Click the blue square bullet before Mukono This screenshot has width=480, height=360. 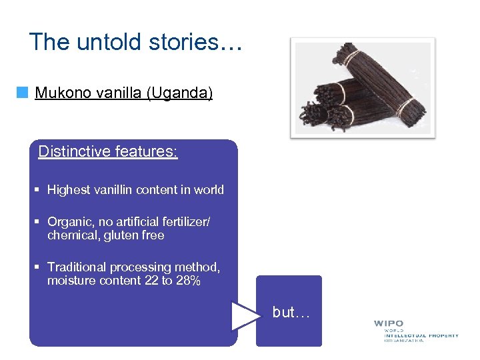coord(24,93)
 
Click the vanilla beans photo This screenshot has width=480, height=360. coord(363,87)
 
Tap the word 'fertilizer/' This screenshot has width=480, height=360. coord(185,222)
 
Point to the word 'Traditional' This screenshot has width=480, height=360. coord(77,267)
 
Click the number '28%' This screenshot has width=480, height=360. coord(188,281)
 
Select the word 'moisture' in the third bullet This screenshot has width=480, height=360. coord(70,281)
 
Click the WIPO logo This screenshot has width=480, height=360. coord(415,331)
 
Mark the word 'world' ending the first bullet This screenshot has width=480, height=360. coord(209,190)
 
